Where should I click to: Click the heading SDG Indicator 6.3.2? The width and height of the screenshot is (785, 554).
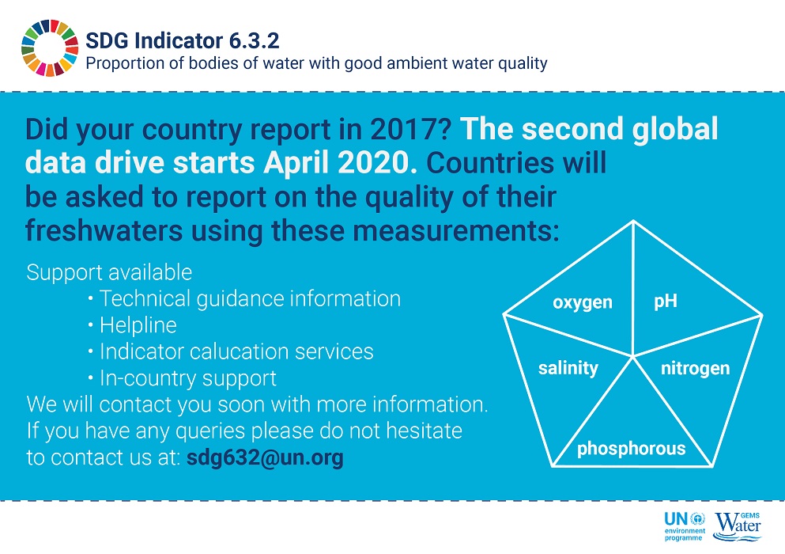pos(183,40)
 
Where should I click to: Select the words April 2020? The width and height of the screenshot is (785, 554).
pos(341,162)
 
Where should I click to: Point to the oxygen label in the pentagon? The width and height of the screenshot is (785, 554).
pos(583,303)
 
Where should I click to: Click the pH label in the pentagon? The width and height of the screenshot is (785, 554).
pos(666,302)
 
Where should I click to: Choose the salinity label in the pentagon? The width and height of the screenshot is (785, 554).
pos(568,368)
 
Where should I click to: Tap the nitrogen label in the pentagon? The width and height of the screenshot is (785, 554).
pos(695,369)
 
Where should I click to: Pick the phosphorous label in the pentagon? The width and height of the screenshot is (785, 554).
pos(632,448)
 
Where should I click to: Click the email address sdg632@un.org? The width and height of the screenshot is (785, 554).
pos(265,457)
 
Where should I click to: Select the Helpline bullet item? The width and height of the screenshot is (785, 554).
pos(138,325)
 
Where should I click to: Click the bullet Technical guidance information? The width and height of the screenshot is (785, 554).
pos(249,299)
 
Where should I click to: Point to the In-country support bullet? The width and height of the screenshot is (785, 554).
pos(187,378)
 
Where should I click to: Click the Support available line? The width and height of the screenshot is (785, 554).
pos(109,272)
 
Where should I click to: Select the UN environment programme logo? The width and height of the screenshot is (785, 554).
pos(685,526)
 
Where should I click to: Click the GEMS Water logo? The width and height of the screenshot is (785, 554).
pos(738,526)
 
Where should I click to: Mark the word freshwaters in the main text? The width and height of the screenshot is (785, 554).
pos(104,230)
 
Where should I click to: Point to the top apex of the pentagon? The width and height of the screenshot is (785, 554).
pos(633,221)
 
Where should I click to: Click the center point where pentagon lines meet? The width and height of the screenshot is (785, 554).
pos(632,356)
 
